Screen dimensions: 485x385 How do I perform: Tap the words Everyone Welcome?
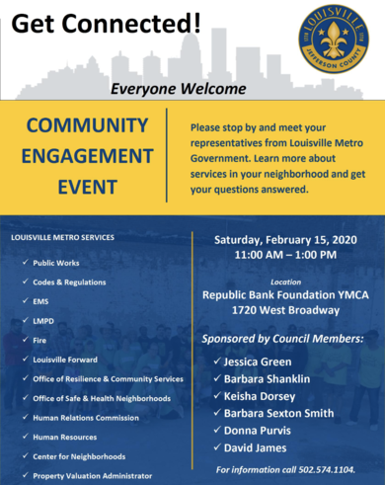pos(163,88)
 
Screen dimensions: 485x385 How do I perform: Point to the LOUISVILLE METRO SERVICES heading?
pos(62,238)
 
